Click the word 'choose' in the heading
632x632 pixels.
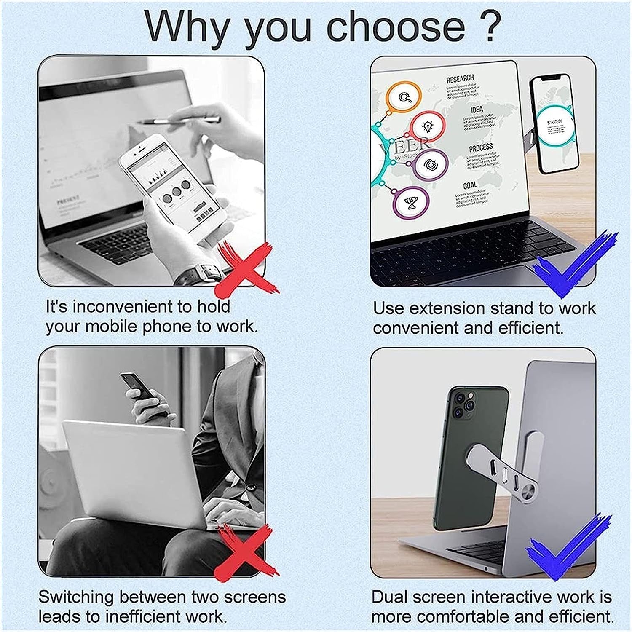396,27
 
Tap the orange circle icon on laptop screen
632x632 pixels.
404,98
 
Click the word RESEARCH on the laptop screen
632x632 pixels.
460,79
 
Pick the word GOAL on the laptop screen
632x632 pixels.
470,185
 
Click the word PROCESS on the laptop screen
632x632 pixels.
480,147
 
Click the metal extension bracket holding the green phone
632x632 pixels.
506,468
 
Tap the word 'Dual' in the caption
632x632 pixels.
389,597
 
